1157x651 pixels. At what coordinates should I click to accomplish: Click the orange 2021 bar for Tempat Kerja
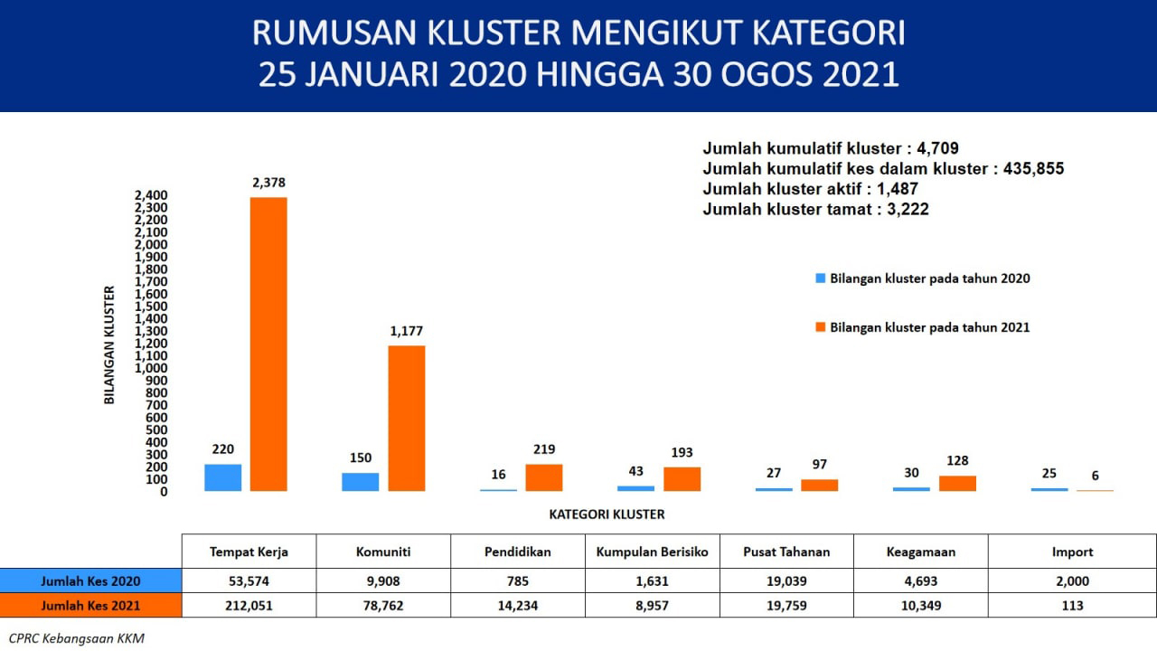click(268, 344)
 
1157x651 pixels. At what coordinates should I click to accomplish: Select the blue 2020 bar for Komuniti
click(361, 482)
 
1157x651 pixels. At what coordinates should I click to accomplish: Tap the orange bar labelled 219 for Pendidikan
click(544, 477)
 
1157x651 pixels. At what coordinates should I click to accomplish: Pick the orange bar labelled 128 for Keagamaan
click(957, 483)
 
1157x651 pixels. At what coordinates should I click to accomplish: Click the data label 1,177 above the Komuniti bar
click(407, 331)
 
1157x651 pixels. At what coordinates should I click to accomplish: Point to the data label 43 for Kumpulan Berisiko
click(635, 471)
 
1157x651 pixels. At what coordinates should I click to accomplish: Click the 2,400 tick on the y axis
click(151, 195)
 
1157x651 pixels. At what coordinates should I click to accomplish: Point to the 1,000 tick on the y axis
click(151, 368)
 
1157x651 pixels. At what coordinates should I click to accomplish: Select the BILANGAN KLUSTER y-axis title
click(109, 344)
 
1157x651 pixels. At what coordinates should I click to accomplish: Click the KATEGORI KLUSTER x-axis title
click(607, 514)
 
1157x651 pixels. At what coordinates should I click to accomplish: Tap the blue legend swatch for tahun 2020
click(820, 278)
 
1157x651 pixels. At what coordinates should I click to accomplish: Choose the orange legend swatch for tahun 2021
click(820, 327)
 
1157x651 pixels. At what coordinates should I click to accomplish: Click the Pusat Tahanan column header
click(786, 552)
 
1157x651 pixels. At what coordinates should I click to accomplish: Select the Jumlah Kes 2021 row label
click(90, 606)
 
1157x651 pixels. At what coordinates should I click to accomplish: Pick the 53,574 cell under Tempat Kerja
click(249, 581)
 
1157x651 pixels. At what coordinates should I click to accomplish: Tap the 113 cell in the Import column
click(1072, 606)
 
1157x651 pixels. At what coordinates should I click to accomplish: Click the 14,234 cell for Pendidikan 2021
click(518, 606)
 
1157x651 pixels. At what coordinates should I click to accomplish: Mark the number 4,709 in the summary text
click(937, 148)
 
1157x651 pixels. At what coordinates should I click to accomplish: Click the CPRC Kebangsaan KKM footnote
click(77, 638)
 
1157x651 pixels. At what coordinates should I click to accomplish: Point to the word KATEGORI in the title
click(828, 33)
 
